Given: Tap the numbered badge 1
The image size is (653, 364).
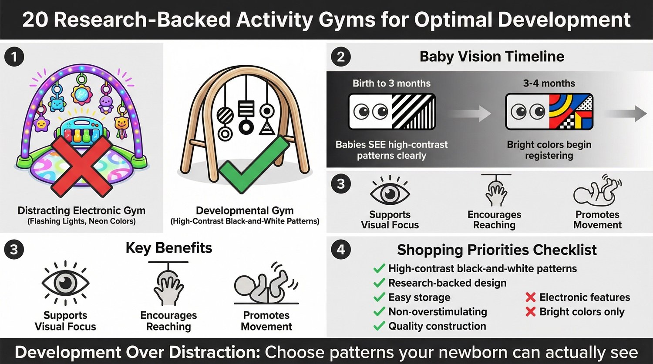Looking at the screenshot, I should [x=14, y=57].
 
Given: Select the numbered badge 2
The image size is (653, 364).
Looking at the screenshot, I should [x=341, y=57].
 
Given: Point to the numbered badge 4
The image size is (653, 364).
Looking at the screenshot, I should [x=341, y=250].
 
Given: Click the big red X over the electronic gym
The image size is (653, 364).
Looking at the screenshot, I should [x=81, y=166].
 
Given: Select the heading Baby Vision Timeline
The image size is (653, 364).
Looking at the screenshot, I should [x=491, y=57].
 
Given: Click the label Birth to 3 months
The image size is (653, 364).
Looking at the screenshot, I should [x=391, y=83].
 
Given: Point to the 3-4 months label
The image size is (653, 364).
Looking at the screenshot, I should [x=549, y=83].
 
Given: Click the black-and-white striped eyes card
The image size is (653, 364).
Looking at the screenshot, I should [x=392, y=112].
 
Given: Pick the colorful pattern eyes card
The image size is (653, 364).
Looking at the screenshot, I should [x=549, y=112].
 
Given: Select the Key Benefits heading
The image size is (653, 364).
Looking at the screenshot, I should [x=168, y=248].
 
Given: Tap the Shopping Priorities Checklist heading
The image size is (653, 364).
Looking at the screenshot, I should [x=497, y=250].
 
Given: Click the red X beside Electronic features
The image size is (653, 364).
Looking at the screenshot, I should [x=530, y=297].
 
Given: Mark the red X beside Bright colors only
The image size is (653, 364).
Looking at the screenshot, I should [x=530, y=312].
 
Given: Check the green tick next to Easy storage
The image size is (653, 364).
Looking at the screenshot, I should [x=379, y=297].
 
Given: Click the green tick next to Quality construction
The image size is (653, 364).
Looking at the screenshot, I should [x=379, y=326].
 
